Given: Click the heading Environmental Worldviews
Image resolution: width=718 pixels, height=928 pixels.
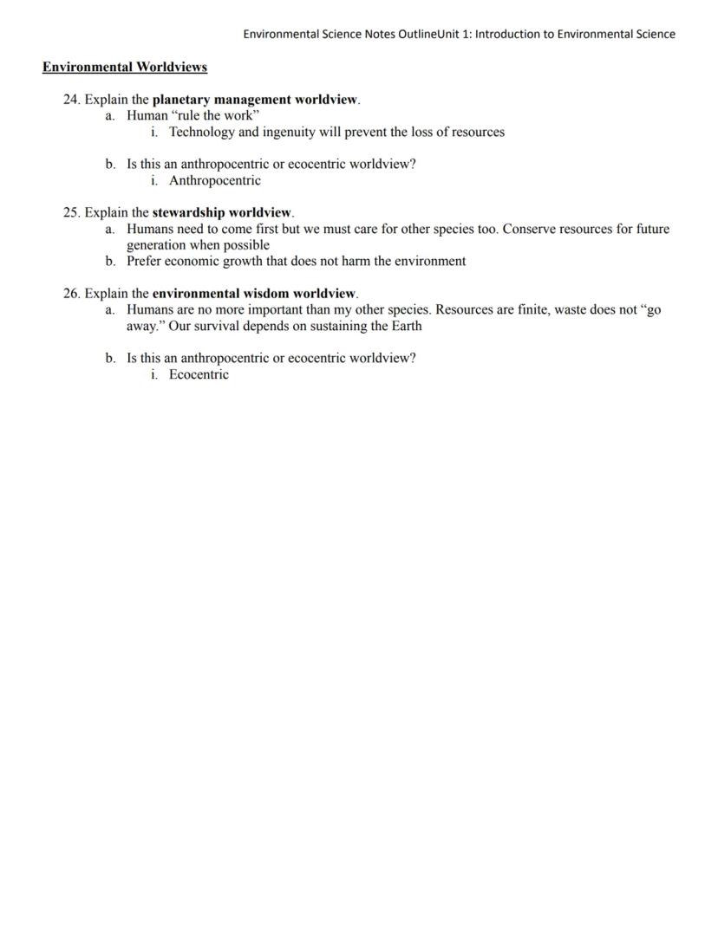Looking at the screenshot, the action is click(125, 67).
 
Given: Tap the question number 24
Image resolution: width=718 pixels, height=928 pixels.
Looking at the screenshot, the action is click(71, 100).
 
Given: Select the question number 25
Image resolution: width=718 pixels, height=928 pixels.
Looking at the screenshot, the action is click(71, 212).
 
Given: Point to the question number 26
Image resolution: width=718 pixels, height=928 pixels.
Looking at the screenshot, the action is click(71, 294).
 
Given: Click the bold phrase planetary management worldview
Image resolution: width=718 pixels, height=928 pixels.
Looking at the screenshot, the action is click(255, 100).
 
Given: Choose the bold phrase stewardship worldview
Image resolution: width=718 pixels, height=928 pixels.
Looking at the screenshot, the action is click(222, 212).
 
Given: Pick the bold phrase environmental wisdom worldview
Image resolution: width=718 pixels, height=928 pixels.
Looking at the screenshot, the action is click(254, 294).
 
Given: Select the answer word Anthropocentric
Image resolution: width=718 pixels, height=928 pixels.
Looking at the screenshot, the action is click(214, 181).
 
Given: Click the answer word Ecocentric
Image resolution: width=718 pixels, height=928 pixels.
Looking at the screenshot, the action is click(199, 375).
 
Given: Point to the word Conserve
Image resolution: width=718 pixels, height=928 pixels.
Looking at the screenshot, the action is click(530, 230).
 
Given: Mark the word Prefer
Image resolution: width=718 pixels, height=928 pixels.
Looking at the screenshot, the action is click(144, 261).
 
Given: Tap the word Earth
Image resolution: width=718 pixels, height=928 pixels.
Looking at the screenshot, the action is click(404, 327).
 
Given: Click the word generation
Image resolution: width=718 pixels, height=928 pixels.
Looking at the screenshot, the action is click(155, 245).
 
